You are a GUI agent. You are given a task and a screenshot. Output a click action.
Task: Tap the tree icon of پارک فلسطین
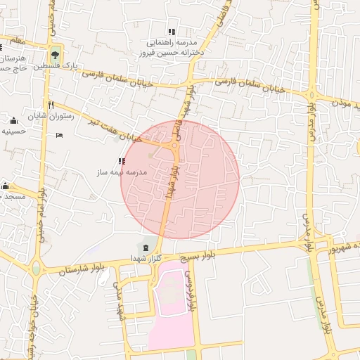tap(55, 55)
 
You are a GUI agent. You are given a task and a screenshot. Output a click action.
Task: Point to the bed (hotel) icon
tap(58, 134)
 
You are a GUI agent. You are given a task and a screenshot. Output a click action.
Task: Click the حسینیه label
tap(13, 131)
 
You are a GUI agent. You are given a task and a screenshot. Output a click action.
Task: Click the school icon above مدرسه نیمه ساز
tap(122, 161)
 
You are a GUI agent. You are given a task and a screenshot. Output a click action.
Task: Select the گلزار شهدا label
tap(146, 258)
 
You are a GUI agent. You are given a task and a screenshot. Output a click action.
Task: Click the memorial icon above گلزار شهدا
tap(146, 247)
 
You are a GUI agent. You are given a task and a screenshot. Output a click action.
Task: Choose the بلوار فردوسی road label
tap(188, 288)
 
